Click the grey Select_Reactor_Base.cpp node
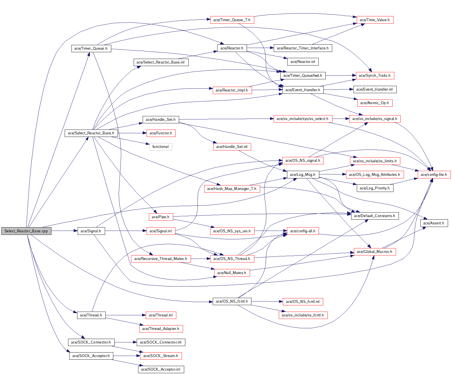(x=26, y=231)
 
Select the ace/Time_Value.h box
(x=375, y=20)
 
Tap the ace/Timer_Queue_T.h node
(x=232, y=20)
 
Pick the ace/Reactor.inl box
(x=303, y=62)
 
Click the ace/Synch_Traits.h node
(x=375, y=75)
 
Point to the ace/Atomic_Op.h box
(x=375, y=103)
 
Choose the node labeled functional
(x=160, y=146)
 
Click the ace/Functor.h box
(x=161, y=133)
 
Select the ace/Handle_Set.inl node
(x=232, y=146)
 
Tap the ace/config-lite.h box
(x=434, y=174)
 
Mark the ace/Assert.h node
(x=434, y=223)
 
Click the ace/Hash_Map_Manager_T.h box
(x=232, y=189)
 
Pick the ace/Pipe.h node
(x=160, y=217)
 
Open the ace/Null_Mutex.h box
(x=232, y=273)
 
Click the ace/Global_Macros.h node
(x=375, y=251)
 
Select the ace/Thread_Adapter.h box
(x=161, y=329)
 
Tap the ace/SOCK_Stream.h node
(x=161, y=356)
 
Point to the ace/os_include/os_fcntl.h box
(x=303, y=315)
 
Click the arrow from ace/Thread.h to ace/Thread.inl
(x=125, y=315)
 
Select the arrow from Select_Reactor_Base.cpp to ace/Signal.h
(x=64, y=231)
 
